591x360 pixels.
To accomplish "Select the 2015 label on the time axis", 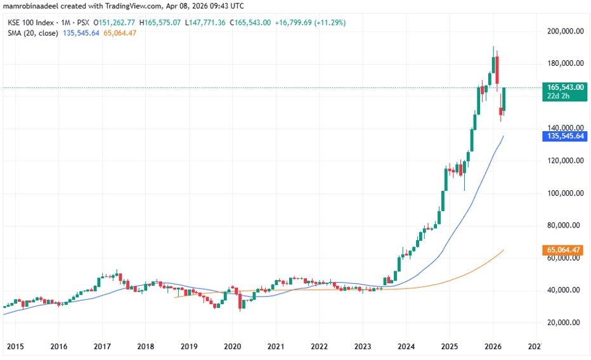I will click(x=15, y=347).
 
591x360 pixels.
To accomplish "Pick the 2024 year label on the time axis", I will click(x=406, y=347).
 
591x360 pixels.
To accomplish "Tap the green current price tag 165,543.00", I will click(x=564, y=87).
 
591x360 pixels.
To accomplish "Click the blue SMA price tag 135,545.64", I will click(x=564, y=136).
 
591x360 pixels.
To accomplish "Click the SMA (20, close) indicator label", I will click(x=32, y=32).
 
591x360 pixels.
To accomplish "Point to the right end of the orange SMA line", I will click(x=503, y=250).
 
